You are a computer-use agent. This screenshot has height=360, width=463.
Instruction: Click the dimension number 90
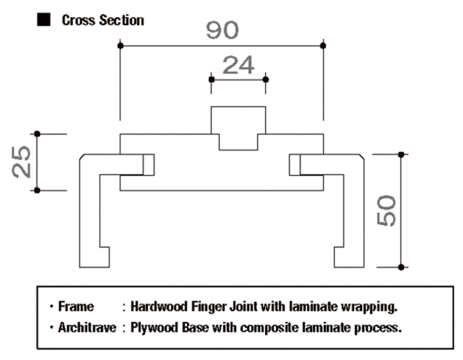click(x=222, y=30)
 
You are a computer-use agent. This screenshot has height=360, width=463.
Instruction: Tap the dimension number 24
click(x=238, y=65)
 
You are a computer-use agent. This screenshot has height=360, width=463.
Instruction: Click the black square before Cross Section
click(x=43, y=21)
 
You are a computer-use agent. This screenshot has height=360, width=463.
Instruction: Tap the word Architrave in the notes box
click(x=87, y=329)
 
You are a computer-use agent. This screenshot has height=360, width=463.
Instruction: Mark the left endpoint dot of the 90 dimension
click(x=120, y=45)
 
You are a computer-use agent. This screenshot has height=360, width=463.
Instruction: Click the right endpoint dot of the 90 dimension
click(x=323, y=45)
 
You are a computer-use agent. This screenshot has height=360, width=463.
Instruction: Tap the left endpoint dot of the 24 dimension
click(x=212, y=79)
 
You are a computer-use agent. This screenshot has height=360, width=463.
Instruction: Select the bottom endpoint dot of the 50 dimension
click(x=401, y=267)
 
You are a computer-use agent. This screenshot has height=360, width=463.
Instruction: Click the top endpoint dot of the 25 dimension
click(x=37, y=134)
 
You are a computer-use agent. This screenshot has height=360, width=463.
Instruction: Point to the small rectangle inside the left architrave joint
click(x=148, y=165)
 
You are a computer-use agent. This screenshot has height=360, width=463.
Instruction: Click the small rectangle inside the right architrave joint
click(x=295, y=165)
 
